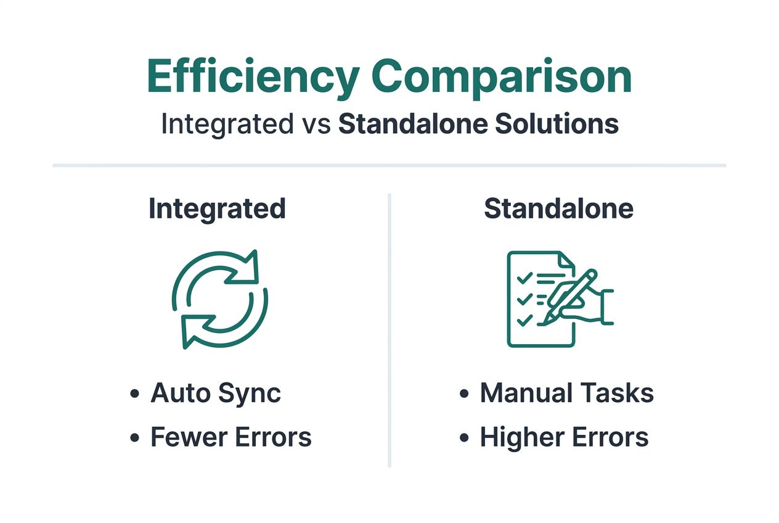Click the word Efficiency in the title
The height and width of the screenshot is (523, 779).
[x=253, y=77]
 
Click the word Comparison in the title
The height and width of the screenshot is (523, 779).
[x=502, y=77]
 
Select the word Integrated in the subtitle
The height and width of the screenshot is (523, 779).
[x=227, y=124]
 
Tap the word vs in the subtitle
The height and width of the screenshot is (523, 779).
[x=316, y=125]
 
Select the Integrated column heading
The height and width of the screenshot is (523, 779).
[x=217, y=209]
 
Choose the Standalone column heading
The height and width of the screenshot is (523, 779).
[x=558, y=209]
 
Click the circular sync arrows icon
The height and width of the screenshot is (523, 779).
[x=220, y=299]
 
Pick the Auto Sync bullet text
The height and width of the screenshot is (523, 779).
[x=216, y=393]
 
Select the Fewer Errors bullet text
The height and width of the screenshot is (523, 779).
[x=231, y=437]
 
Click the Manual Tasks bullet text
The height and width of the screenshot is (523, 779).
[x=566, y=393]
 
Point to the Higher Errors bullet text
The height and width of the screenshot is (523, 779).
[x=564, y=437]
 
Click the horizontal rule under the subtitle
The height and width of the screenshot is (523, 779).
[x=389, y=165]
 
